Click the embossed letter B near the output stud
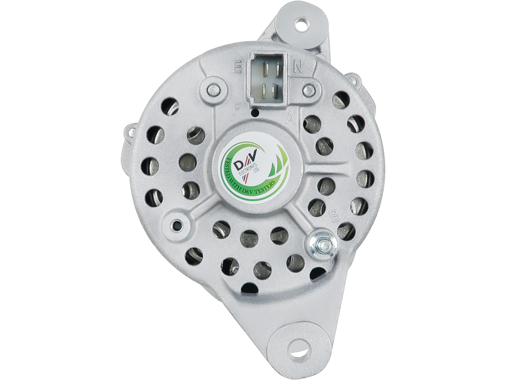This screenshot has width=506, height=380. coord(334,215)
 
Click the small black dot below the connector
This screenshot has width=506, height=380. coord(255,114)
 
